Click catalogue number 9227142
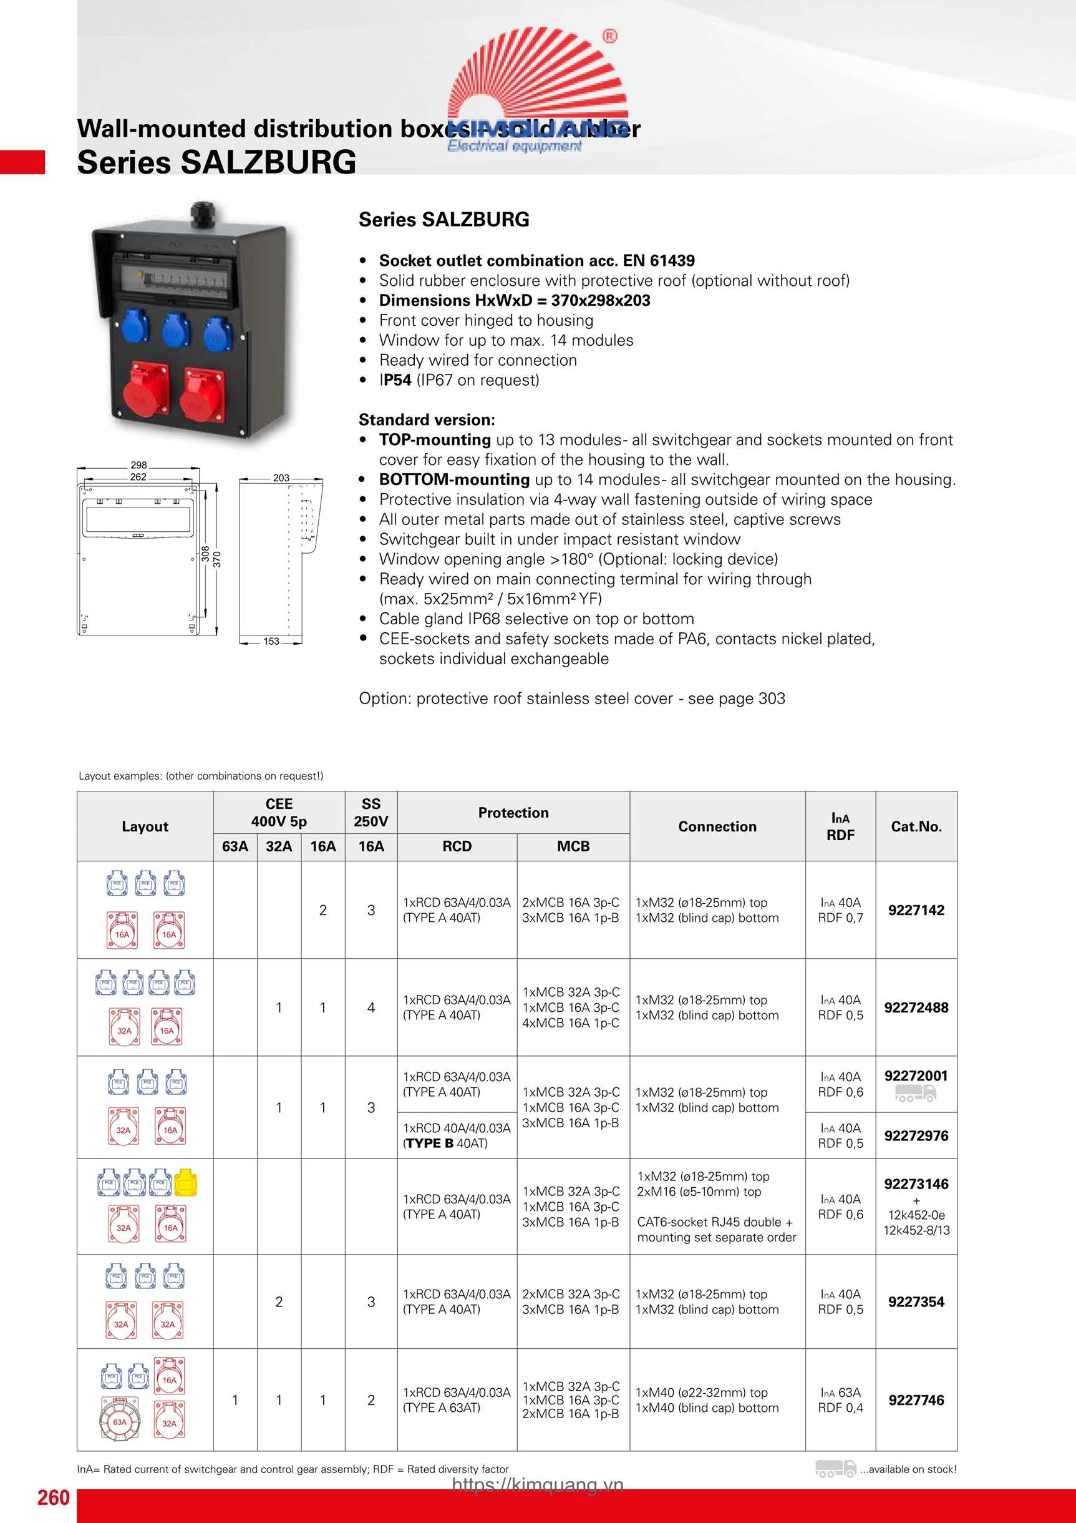click(916, 910)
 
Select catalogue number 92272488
click(916, 1007)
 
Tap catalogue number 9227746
click(916, 1400)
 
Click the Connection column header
click(717, 826)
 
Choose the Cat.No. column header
click(916, 826)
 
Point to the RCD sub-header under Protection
click(457, 846)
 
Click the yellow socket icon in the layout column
click(186, 1182)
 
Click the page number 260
click(53, 1497)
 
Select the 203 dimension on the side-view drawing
click(281, 477)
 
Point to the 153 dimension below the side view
click(271, 642)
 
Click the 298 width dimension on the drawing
click(138, 465)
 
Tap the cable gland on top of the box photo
click(201, 214)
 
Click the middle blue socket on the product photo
click(177, 329)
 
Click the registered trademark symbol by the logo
click(609, 36)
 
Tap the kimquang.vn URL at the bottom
click(538, 1485)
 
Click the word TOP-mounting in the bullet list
click(435, 440)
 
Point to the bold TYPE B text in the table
click(430, 1143)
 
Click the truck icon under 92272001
click(916, 1094)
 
